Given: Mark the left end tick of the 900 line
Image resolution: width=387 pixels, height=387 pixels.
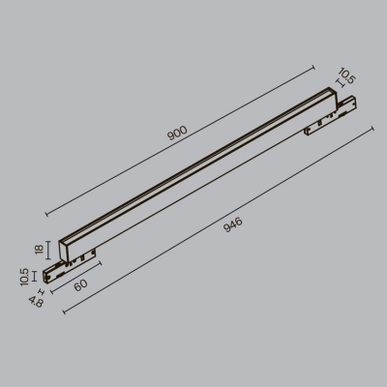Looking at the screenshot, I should pyautogui.click(x=45, y=214).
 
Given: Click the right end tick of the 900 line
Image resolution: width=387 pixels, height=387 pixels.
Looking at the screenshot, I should pyautogui.click(x=315, y=66).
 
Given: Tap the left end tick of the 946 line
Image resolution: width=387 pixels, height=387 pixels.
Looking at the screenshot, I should pyautogui.click(x=64, y=313).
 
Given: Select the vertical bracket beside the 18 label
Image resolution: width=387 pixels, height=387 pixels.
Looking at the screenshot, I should pyautogui.click(x=47, y=250).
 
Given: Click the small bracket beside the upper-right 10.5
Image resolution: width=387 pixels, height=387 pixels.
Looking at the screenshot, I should pyautogui.click(x=336, y=84).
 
